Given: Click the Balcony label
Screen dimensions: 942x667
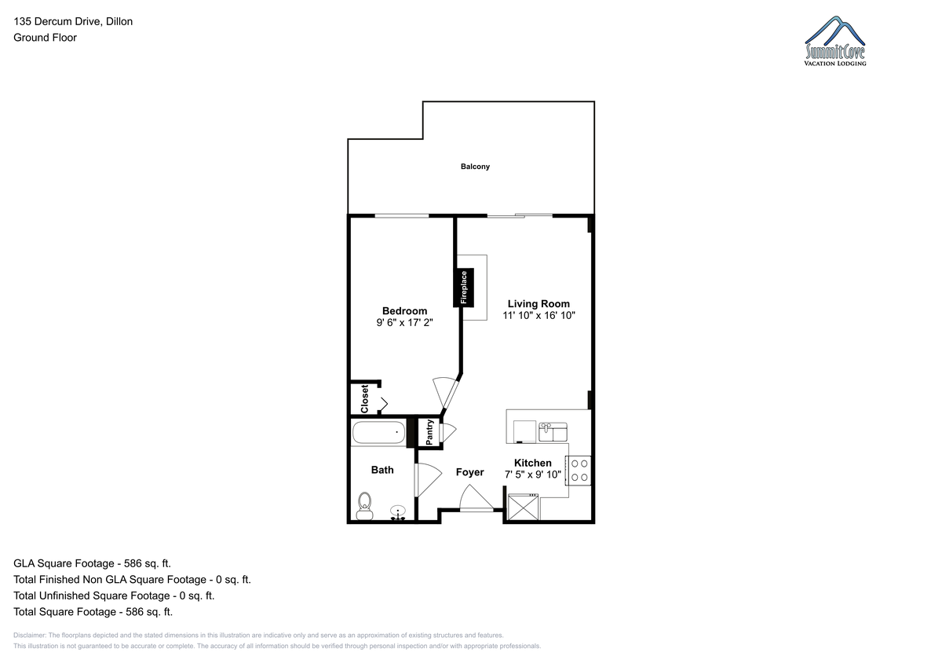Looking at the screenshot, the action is click(475, 167).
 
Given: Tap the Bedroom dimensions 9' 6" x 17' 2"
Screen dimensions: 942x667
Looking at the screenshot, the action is click(404, 322).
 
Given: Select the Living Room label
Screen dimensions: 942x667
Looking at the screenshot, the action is click(539, 304).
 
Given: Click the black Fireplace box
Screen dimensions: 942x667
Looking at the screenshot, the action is click(463, 288).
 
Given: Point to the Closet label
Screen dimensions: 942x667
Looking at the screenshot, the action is click(364, 398).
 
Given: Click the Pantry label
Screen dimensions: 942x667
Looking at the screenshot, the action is click(429, 432).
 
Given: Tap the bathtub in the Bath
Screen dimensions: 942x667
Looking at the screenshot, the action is click(378, 433).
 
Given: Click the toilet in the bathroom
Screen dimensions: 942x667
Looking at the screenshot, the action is click(364, 506).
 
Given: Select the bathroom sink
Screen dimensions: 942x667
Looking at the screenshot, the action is click(398, 513).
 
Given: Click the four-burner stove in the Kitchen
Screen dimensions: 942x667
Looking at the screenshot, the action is click(579, 471).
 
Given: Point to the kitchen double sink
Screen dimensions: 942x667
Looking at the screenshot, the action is click(553, 432).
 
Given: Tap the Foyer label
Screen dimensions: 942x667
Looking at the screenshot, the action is click(469, 472).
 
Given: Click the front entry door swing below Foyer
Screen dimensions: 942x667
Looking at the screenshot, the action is click(476, 498).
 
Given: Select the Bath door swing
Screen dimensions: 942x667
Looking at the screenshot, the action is click(428, 480).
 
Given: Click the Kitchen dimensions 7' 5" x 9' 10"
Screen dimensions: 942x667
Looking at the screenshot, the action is click(533, 475).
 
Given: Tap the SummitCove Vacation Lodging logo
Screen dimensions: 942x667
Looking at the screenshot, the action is click(834, 41).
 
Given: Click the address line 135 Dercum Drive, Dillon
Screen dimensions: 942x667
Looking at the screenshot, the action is click(73, 21).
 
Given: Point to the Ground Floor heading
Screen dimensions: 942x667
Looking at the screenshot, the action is click(45, 38).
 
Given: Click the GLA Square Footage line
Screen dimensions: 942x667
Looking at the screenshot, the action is click(92, 563).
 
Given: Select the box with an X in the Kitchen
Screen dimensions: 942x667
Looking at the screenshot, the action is click(523, 507).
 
